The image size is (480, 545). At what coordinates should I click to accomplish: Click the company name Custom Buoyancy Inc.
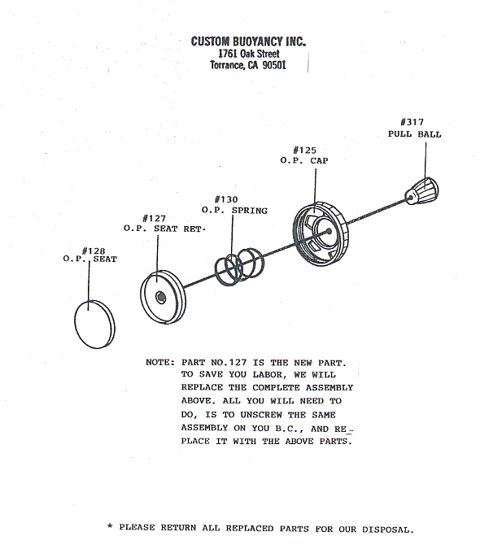point(248,41)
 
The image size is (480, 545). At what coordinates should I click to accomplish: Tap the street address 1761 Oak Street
point(248,54)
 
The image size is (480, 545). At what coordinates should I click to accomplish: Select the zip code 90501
point(274,65)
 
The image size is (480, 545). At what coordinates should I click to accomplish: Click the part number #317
point(412,122)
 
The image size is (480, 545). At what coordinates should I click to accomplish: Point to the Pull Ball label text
point(414,134)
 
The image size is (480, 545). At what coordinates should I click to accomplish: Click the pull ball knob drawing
point(421,191)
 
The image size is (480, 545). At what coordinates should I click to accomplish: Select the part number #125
point(304,150)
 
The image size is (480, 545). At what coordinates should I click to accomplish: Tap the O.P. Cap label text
point(304,160)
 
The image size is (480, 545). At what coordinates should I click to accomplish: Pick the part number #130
point(226,199)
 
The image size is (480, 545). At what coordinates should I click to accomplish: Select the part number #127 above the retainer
point(154,218)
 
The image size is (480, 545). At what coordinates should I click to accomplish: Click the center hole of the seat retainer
point(161,298)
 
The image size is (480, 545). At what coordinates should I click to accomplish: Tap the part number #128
point(93,251)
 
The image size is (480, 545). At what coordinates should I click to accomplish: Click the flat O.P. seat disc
point(94,325)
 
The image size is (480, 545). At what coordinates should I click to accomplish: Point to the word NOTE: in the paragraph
point(160,362)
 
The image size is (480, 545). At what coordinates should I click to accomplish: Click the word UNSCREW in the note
point(261,415)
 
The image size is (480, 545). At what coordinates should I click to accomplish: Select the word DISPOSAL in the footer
point(388,530)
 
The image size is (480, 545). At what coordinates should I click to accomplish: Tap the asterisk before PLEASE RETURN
point(110,526)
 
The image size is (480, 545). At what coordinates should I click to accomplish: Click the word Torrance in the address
point(227,65)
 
